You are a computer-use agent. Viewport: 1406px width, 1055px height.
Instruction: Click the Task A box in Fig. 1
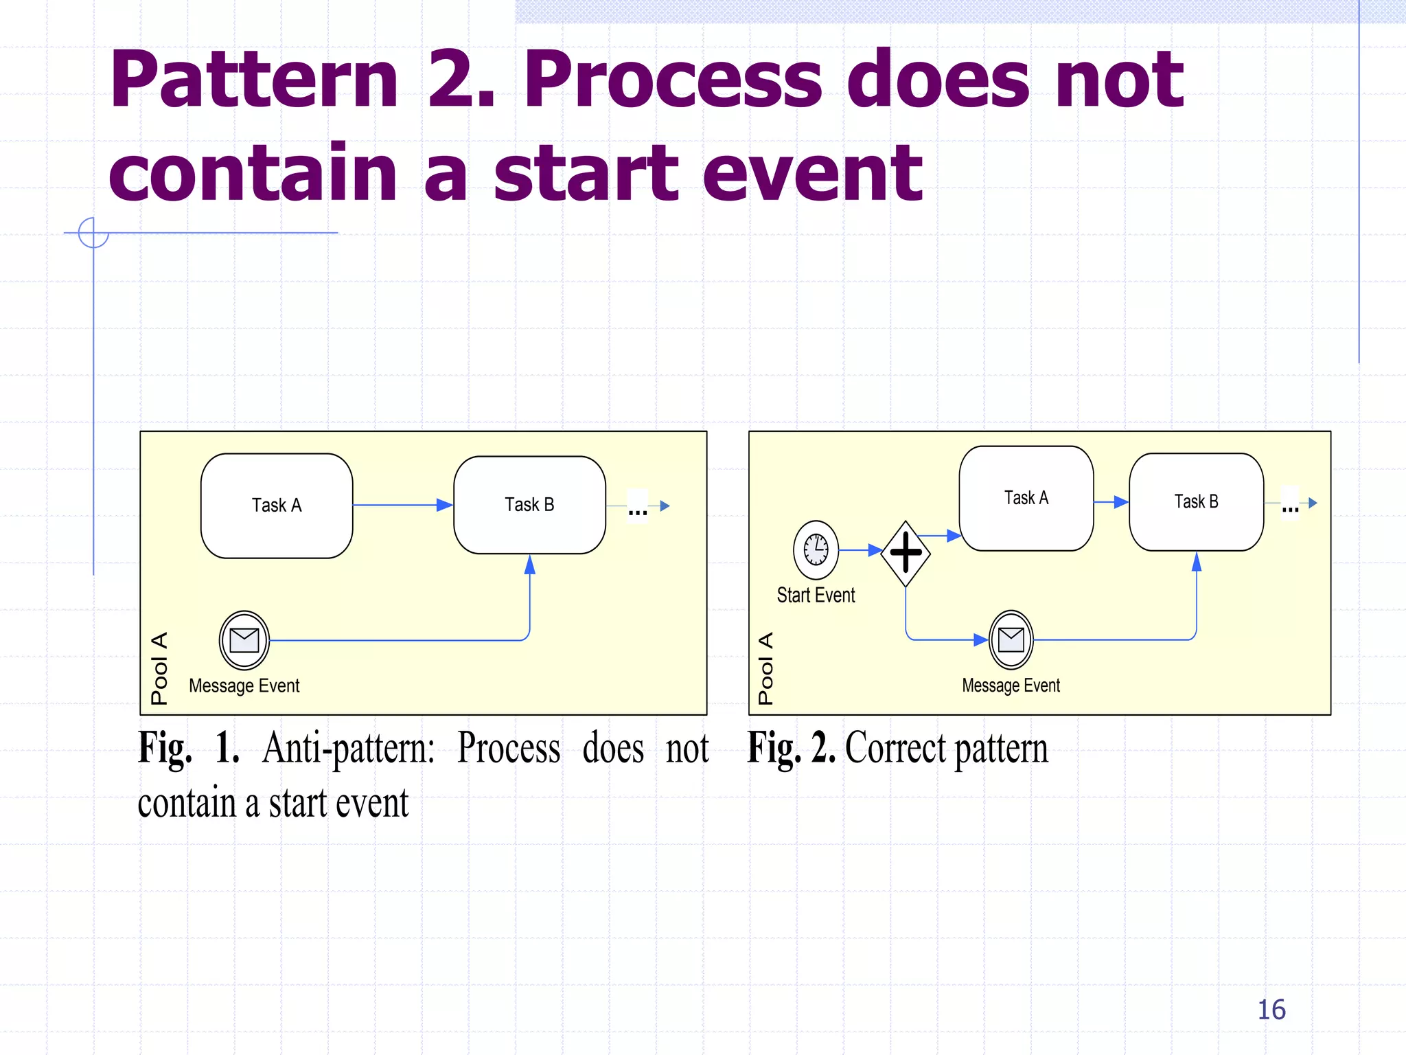pyautogui.click(x=277, y=506)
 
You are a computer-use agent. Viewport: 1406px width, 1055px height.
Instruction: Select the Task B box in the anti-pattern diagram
pyautogui.click(x=529, y=505)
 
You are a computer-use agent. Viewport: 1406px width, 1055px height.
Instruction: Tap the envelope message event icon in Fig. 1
pyautogui.click(x=244, y=640)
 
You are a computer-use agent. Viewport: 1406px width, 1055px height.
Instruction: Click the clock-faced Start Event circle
pyautogui.click(x=816, y=549)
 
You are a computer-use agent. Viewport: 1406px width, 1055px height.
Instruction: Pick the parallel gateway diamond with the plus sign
pyautogui.click(x=906, y=553)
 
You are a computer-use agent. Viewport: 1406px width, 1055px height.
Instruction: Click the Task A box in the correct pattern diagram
pyautogui.click(x=1026, y=499)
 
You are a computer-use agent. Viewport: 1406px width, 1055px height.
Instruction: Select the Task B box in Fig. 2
pyautogui.click(x=1196, y=502)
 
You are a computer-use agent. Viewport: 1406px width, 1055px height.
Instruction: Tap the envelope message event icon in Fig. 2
pyautogui.click(x=1011, y=639)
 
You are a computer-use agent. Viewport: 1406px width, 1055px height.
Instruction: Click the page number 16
pyautogui.click(x=1271, y=1010)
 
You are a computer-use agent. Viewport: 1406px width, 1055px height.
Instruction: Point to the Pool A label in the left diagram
pyautogui.click(x=159, y=668)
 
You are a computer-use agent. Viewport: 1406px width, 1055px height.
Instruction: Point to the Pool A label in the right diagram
pyautogui.click(x=765, y=668)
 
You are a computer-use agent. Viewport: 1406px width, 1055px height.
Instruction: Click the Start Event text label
pyautogui.click(x=816, y=595)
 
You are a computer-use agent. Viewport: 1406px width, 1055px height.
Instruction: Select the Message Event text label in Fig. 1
pyautogui.click(x=244, y=685)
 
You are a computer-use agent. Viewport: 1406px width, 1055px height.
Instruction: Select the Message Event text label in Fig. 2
pyautogui.click(x=1011, y=685)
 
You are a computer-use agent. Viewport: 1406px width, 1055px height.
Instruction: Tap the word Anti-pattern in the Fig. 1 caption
pyautogui.click(x=348, y=748)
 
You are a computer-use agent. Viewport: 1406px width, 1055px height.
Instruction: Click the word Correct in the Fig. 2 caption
pyautogui.click(x=894, y=748)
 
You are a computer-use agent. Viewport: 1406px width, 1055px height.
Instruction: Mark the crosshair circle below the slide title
pyautogui.click(x=93, y=232)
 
